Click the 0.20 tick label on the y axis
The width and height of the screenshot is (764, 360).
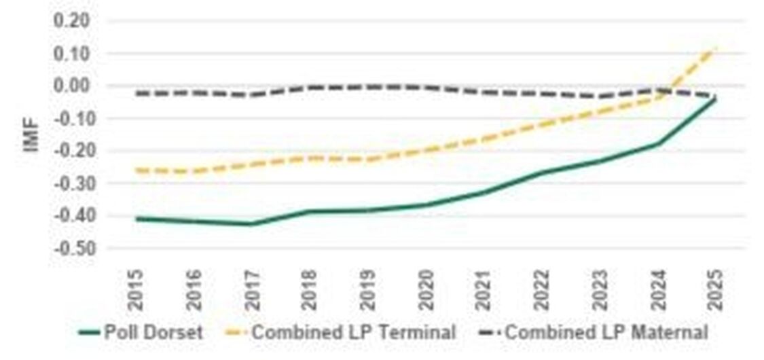(x=71, y=21)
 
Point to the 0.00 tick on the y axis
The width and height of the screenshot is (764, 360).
(x=71, y=86)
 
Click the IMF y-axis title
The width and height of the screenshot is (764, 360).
(x=33, y=134)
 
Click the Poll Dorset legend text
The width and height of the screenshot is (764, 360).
(x=153, y=333)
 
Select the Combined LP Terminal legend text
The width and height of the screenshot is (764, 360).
(x=353, y=333)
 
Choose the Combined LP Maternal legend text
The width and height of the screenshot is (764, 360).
(x=606, y=333)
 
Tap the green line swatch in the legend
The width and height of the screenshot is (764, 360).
(x=89, y=333)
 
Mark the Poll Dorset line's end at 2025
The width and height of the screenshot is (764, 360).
(x=714, y=99)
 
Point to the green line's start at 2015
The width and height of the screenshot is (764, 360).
(x=137, y=219)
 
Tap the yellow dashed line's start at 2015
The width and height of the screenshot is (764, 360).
(x=137, y=170)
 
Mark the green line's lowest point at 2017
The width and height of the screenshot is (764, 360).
(x=252, y=223)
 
